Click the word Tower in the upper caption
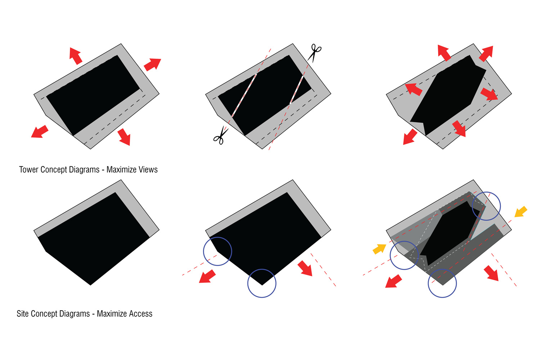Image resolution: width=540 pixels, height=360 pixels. [x=29, y=170]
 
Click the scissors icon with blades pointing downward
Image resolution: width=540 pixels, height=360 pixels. [x=314, y=53]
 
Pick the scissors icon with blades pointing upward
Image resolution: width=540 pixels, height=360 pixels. [x=221, y=135]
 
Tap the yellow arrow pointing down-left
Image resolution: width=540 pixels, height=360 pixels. [x=521, y=212]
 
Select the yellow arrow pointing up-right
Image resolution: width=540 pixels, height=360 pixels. [x=379, y=249]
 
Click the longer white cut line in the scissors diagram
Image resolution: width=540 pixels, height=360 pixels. [x=244, y=95]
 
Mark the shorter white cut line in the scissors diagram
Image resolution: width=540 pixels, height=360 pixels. [x=297, y=90]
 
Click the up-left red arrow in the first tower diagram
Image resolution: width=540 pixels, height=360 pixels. [x=76, y=56]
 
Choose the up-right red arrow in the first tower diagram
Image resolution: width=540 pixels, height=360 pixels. [x=152, y=64]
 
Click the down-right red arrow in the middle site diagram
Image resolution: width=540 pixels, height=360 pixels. [x=305, y=268]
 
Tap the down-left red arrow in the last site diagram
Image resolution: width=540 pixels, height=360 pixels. [x=393, y=281]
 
